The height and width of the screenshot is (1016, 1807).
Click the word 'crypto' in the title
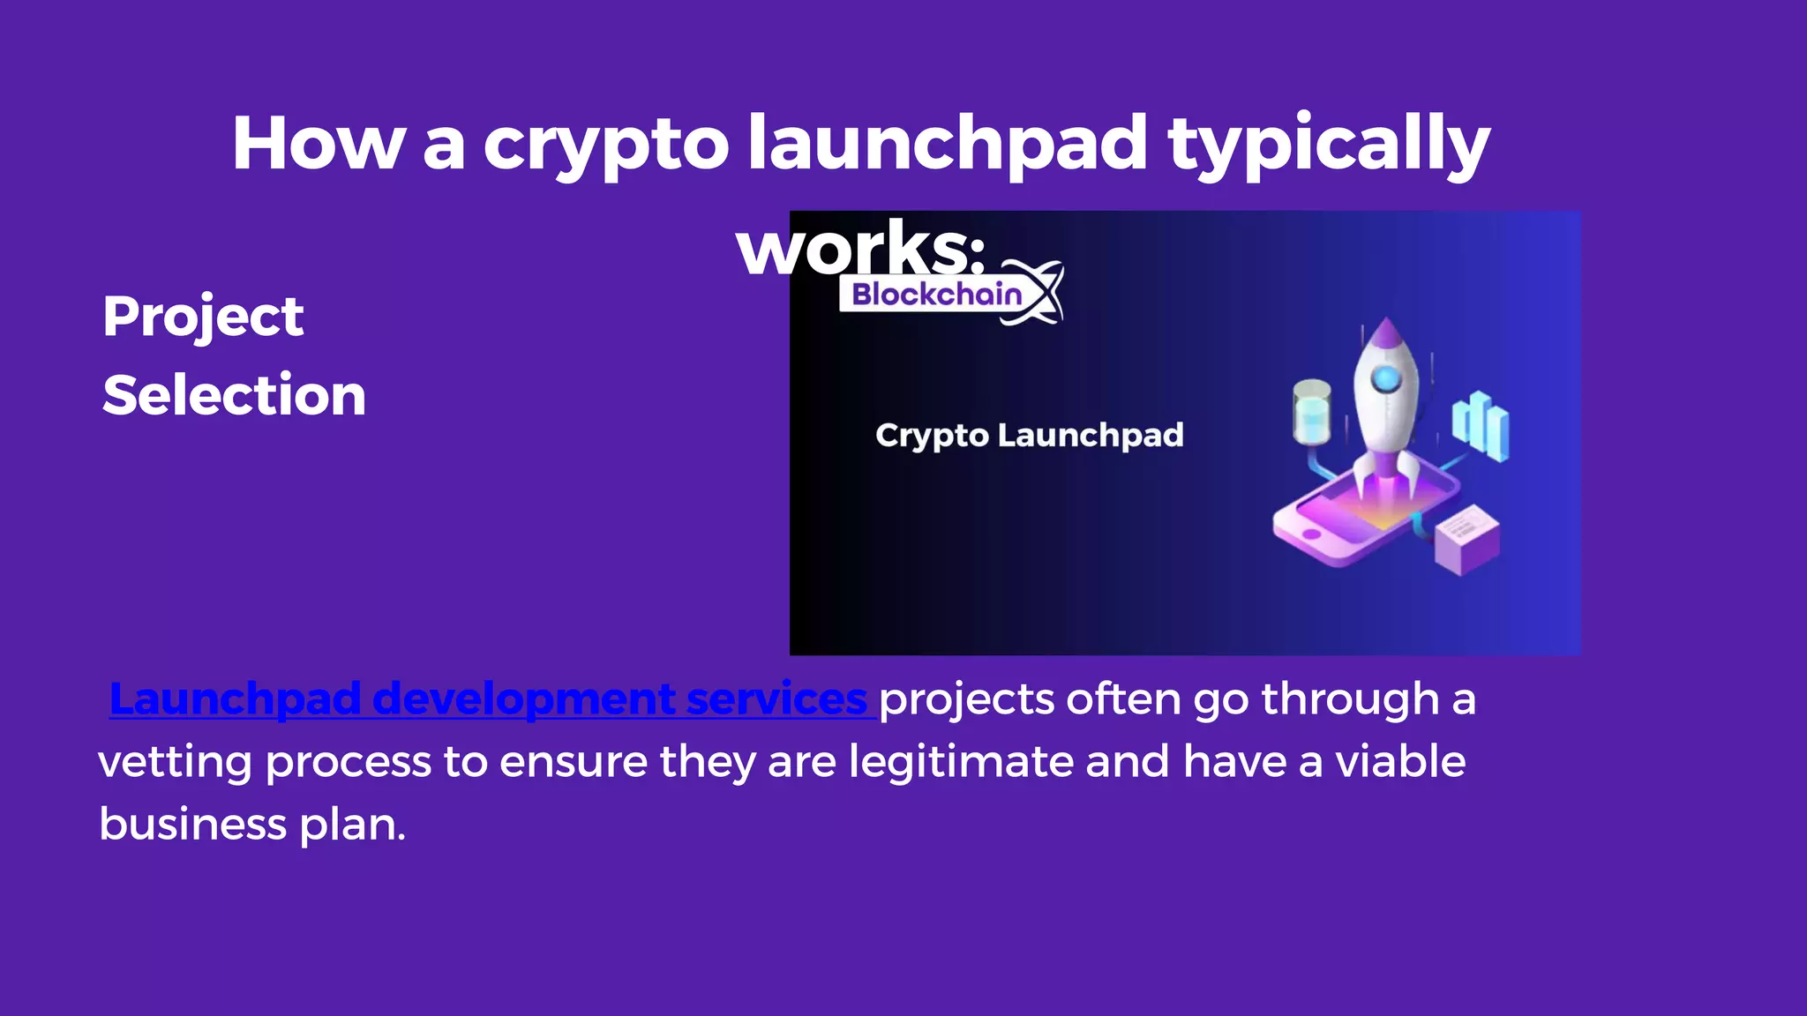point(605,146)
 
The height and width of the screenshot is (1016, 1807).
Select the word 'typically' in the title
point(1329,146)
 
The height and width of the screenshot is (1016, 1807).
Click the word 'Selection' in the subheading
point(234,394)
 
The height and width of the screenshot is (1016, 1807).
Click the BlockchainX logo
point(951,294)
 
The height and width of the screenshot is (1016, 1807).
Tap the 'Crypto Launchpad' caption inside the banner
point(1029,436)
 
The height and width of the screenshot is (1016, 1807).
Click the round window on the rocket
point(1386,379)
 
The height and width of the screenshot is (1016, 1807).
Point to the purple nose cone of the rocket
point(1386,333)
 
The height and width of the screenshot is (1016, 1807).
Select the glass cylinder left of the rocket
point(1311,411)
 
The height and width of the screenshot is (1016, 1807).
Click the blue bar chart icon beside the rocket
point(1481,426)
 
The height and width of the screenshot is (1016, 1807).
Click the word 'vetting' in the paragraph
point(175,762)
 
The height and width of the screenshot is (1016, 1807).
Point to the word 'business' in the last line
point(192,825)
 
